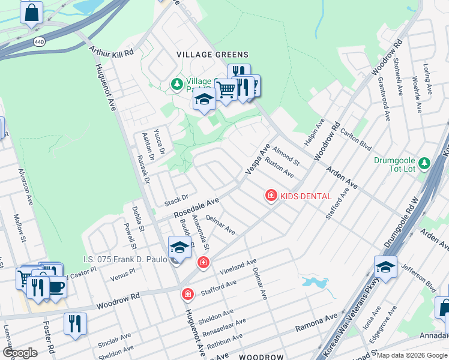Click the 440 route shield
(x=40, y=42)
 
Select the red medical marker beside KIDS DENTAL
(x=271, y=195)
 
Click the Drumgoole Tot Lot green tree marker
(x=424, y=163)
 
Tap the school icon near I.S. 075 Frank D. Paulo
(x=179, y=247)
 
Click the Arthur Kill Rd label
(x=111, y=53)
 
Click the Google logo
(x=20, y=353)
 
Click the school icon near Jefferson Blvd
(x=385, y=266)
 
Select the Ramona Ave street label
(x=316, y=325)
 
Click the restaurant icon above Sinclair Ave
(x=76, y=323)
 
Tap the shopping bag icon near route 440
(x=31, y=12)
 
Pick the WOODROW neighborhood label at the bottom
(x=262, y=356)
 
